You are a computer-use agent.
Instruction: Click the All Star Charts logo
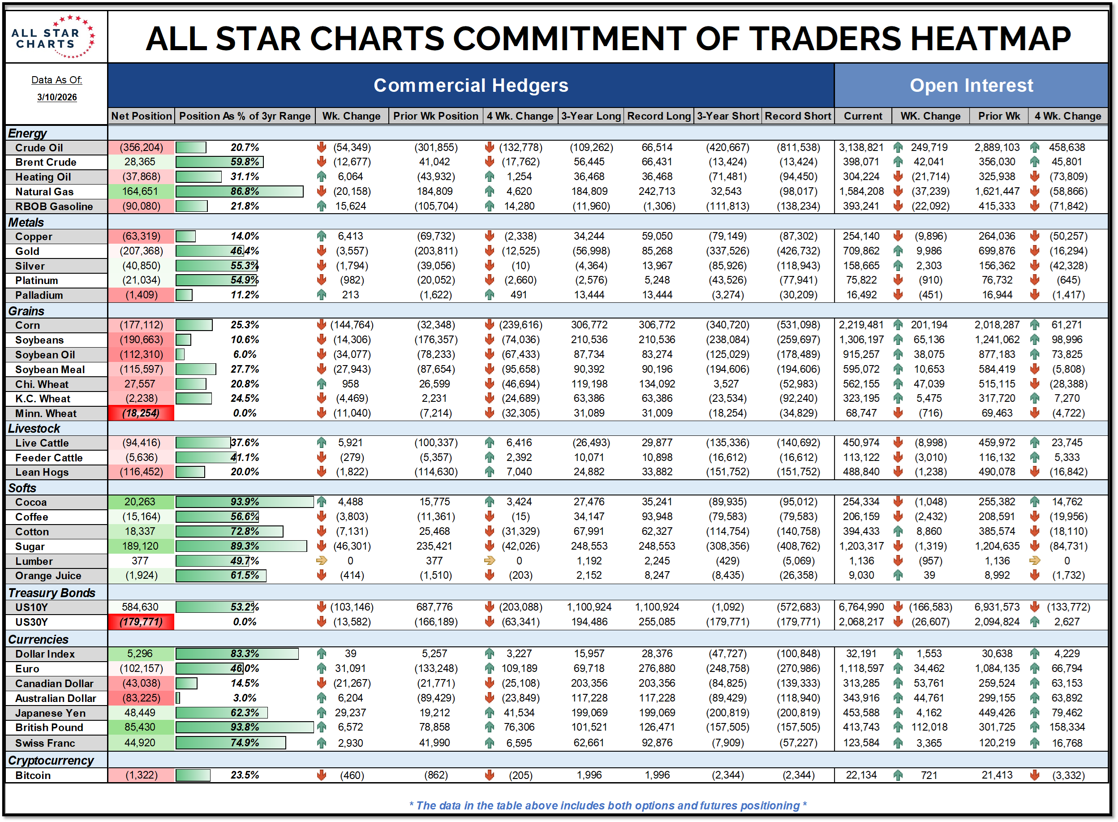(x=54, y=37)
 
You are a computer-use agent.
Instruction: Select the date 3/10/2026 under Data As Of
(x=57, y=97)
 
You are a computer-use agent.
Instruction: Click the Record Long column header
(x=659, y=116)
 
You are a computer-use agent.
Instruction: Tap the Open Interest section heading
(x=971, y=85)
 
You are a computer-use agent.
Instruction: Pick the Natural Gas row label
(x=44, y=192)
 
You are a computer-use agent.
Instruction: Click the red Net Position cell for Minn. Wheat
(x=141, y=413)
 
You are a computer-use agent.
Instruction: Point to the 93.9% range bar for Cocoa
(x=244, y=502)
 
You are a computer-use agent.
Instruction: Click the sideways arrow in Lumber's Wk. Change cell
(x=322, y=561)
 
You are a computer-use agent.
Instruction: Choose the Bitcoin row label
(x=33, y=775)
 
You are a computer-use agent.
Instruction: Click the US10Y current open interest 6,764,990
(x=861, y=607)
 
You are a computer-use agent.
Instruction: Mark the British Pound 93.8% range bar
(x=244, y=727)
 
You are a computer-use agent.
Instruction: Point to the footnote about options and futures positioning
(x=607, y=805)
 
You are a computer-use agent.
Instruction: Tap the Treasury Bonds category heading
(x=52, y=593)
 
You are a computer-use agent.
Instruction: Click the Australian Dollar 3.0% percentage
(x=245, y=697)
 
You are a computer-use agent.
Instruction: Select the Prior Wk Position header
(x=435, y=116)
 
